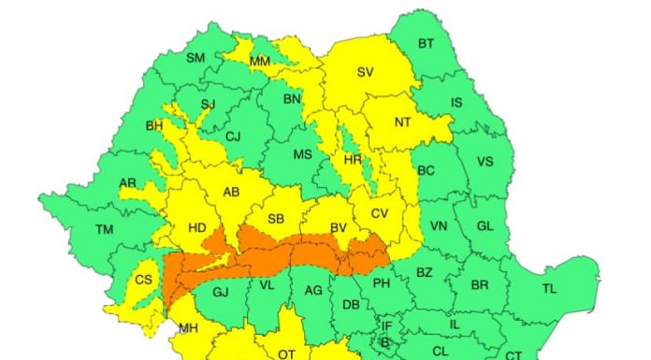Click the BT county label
426,44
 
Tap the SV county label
365,72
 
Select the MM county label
260,62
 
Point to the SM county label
195,58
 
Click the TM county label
104,228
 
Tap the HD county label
197,226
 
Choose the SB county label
276,219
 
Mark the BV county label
338,226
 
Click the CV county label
379,214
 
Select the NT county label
403,122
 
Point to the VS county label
485,161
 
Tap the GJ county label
221,292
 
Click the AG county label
313,291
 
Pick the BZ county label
424,272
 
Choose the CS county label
144,280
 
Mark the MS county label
302,154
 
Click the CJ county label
233,137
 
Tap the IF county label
386,326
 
